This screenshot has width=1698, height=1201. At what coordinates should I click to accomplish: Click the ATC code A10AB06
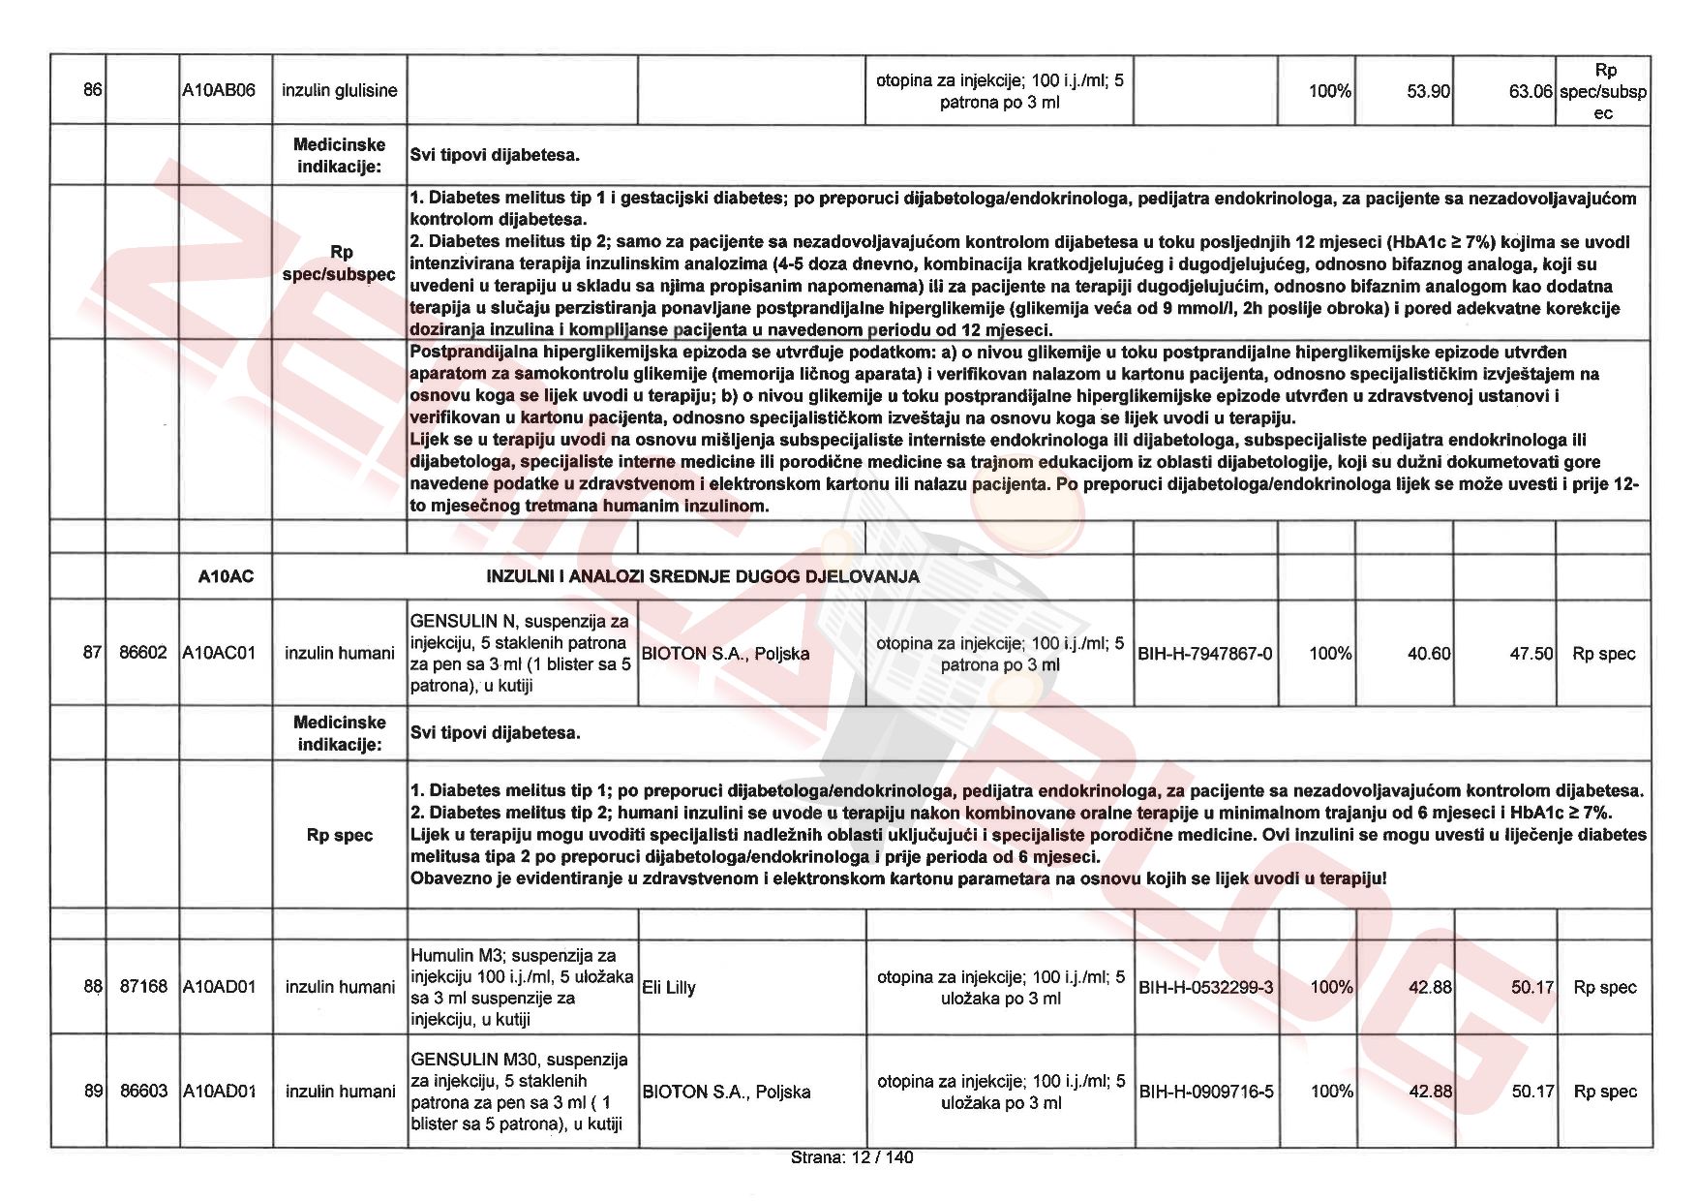coord(220,91)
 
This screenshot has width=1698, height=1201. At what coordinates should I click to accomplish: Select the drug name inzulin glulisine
coord(339,91)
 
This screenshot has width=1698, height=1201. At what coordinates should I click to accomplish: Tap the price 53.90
coord(1428,92)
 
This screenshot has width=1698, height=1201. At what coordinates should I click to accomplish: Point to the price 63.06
coord(1531,92)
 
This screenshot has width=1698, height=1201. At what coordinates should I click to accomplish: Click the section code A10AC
coord(226,577)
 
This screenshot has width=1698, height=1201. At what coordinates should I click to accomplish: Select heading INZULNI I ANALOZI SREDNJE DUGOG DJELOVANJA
coord(702,577)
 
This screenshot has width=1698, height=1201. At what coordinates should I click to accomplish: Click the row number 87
coord(92,653)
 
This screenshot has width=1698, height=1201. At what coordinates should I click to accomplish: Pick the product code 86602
coord(143,653)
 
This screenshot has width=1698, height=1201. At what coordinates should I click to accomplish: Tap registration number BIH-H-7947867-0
coord(1205,654)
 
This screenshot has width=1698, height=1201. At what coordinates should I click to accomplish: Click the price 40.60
coord(1429,654)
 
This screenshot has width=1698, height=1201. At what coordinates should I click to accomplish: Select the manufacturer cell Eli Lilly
coord(669,988)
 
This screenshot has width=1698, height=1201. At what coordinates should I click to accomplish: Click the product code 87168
coord(143,987)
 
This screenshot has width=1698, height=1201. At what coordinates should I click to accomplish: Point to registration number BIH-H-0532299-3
coord(1206,988)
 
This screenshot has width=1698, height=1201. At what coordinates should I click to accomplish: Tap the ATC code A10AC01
coord(220,653)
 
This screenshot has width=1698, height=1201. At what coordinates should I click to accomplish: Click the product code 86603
coord(143,1092)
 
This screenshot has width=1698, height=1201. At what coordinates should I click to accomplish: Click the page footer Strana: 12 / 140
coord(851,1157)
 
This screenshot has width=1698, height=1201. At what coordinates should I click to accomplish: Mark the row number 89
coord(93,1092)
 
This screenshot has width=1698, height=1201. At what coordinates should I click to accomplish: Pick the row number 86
coord(92,91)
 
